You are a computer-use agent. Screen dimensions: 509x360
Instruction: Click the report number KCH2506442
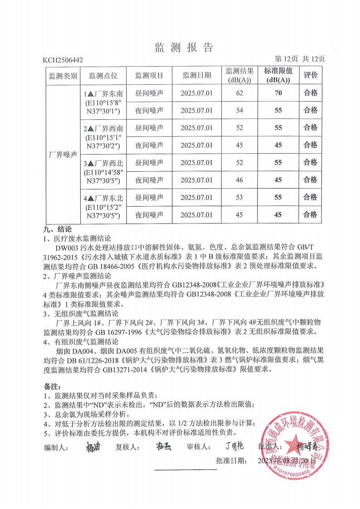coord(63,59)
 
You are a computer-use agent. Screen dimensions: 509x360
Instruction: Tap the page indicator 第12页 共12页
coord(300,58)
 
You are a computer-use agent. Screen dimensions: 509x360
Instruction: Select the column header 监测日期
coord(197,75)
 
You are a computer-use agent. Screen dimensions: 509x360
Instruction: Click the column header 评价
coord(310,75)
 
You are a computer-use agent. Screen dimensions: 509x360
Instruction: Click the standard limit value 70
coord(278,93)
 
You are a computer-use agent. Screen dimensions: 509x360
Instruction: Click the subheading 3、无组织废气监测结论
coord(81,313)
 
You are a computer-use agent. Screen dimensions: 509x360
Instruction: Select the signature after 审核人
coord(234,446)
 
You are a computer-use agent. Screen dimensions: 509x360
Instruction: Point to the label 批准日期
coord(232,461)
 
